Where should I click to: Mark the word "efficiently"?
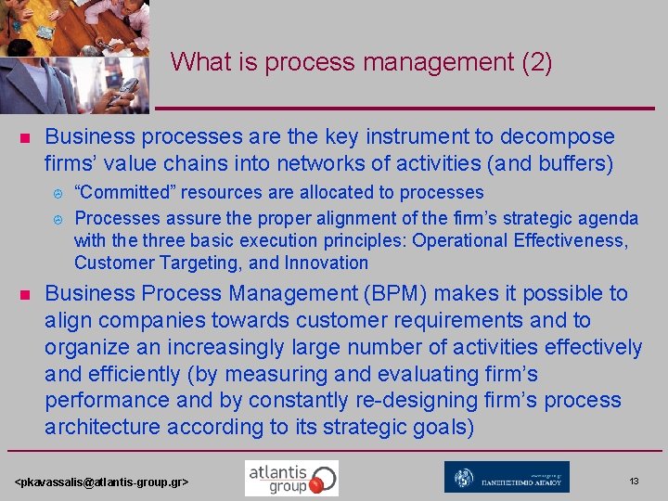(x=135, y=374)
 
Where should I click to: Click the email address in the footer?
(x=102, y=482)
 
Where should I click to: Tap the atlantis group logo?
(x=291, y=478)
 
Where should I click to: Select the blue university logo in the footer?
(x=507, y=478)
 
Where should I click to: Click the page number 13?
(x=634, y=482)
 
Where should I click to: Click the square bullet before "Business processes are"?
(x=25, y=138)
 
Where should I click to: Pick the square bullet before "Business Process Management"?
(x=25, y=295)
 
